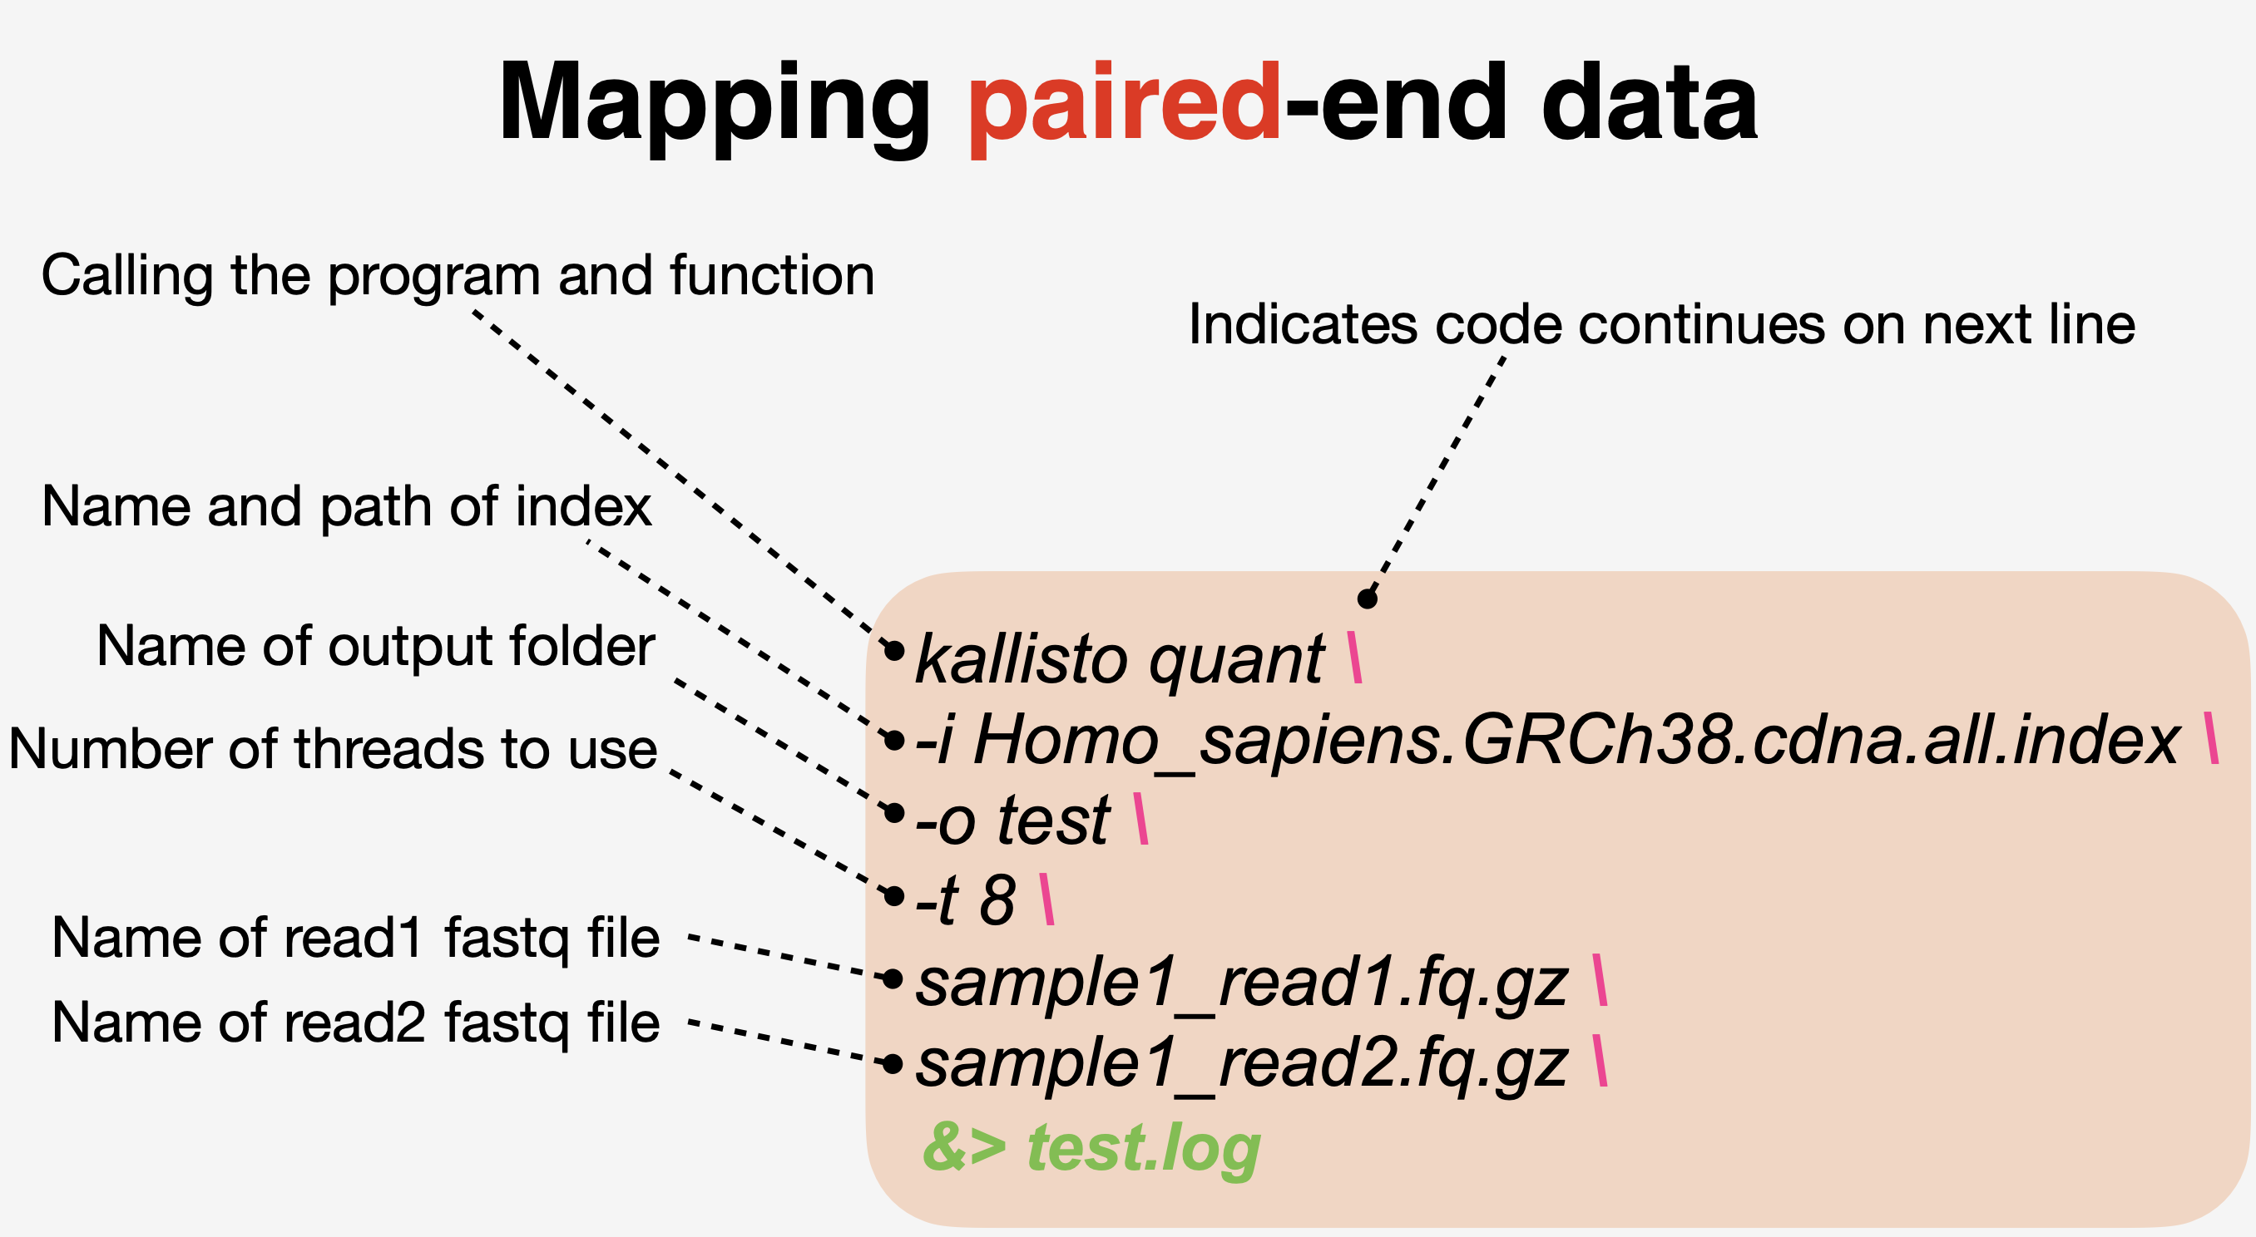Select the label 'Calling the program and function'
(x=458, y=277)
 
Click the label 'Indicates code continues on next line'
(x=1661, y=326)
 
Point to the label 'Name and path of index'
(x=347, y=508)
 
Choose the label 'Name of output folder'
(x=376, y=647)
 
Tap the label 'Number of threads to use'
(x=333, y=749)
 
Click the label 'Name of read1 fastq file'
(x=355, y=939)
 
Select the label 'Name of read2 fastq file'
(x=355, y=1023)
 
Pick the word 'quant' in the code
(x=1238, y=661)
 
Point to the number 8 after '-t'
(x=997, y=900)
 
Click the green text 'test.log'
(x=1144, y=1148)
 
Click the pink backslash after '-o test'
(x=1140, y=819)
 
